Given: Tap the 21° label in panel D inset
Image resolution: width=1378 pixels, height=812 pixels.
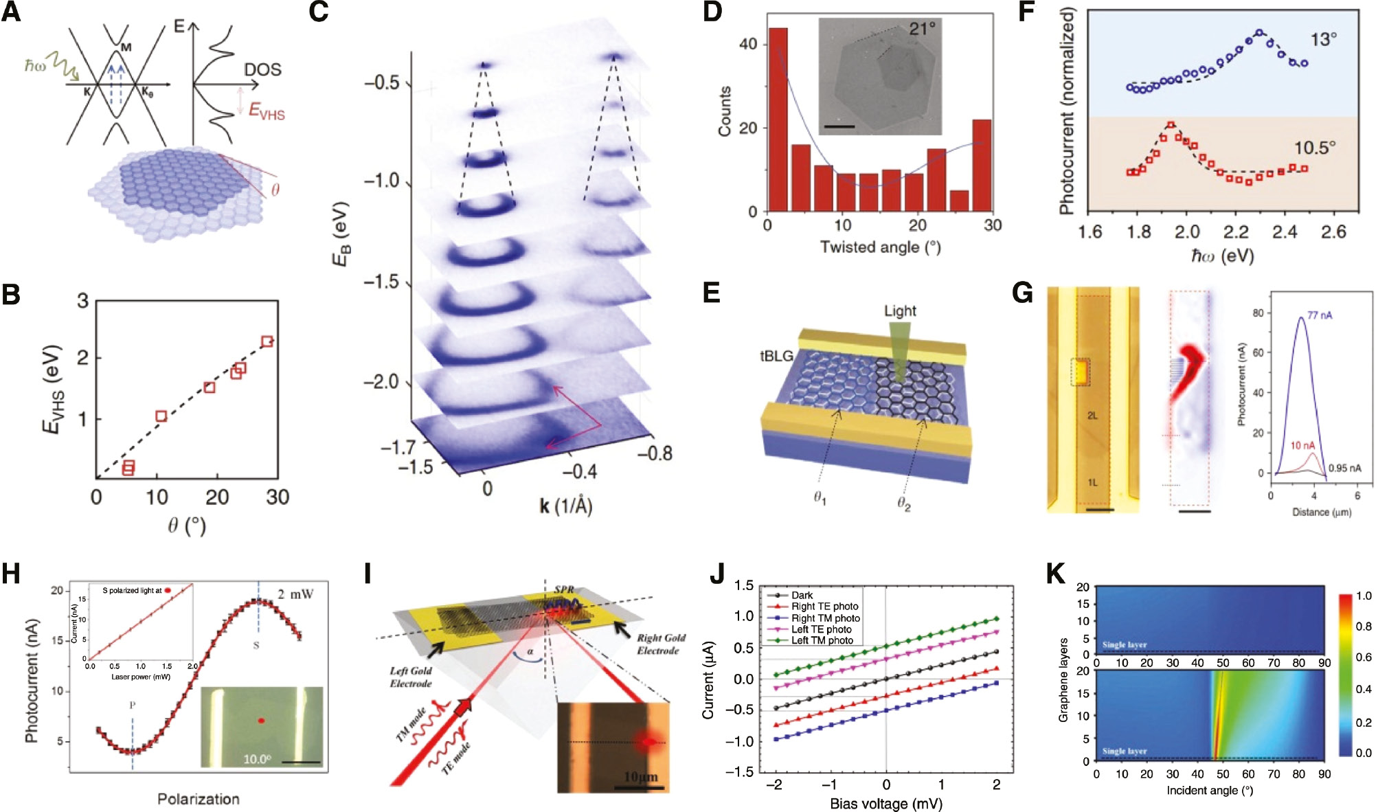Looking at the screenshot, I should pyautogui.click(x=921, y=29).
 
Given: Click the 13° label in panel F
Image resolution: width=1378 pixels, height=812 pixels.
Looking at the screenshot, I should pyautogui.click(x=1323, y=39).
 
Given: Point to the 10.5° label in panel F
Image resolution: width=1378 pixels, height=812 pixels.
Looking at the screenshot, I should pyautogui.click(x=1315, y=148).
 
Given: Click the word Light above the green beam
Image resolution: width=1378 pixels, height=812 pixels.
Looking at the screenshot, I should pyautogui.click(x=900, y=311).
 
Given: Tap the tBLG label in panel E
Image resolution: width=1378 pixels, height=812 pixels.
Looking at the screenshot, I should pyautogui.click(x=776, y=356).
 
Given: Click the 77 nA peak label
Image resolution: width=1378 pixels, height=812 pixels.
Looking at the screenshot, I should pyautogui.click(x=1319, y=315).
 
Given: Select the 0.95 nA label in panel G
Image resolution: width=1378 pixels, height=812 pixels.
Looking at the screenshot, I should pyautogui.click(x=1344, y=468).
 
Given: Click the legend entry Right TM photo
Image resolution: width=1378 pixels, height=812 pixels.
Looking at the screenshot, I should pyautogui.click(x=825, y=618).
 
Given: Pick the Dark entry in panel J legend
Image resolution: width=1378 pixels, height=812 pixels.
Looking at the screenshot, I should pyautogui.click(x=802, y=595).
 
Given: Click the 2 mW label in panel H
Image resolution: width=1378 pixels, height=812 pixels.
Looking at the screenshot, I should pyautogui.click(x=295, y=594).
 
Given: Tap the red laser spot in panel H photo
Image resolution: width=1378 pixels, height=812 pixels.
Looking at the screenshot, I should pyautogui.click(x=261, y=721).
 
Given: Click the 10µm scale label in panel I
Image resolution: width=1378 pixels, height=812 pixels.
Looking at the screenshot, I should pyautogui.click(x=640, y=776).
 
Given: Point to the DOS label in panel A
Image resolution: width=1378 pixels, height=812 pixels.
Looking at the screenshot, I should pyautogui.click(x=262, y=69).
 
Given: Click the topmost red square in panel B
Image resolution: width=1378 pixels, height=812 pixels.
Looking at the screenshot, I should pyautogui.click(x=267, y=341).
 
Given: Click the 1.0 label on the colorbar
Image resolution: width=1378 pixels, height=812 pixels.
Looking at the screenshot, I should pyautogui.click(x=1364, y=596).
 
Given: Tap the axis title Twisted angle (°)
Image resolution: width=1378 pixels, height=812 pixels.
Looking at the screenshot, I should pyautogui.click(x=880, y=247).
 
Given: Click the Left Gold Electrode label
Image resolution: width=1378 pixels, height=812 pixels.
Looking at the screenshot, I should pyautogui.click(x=411, y=677).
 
